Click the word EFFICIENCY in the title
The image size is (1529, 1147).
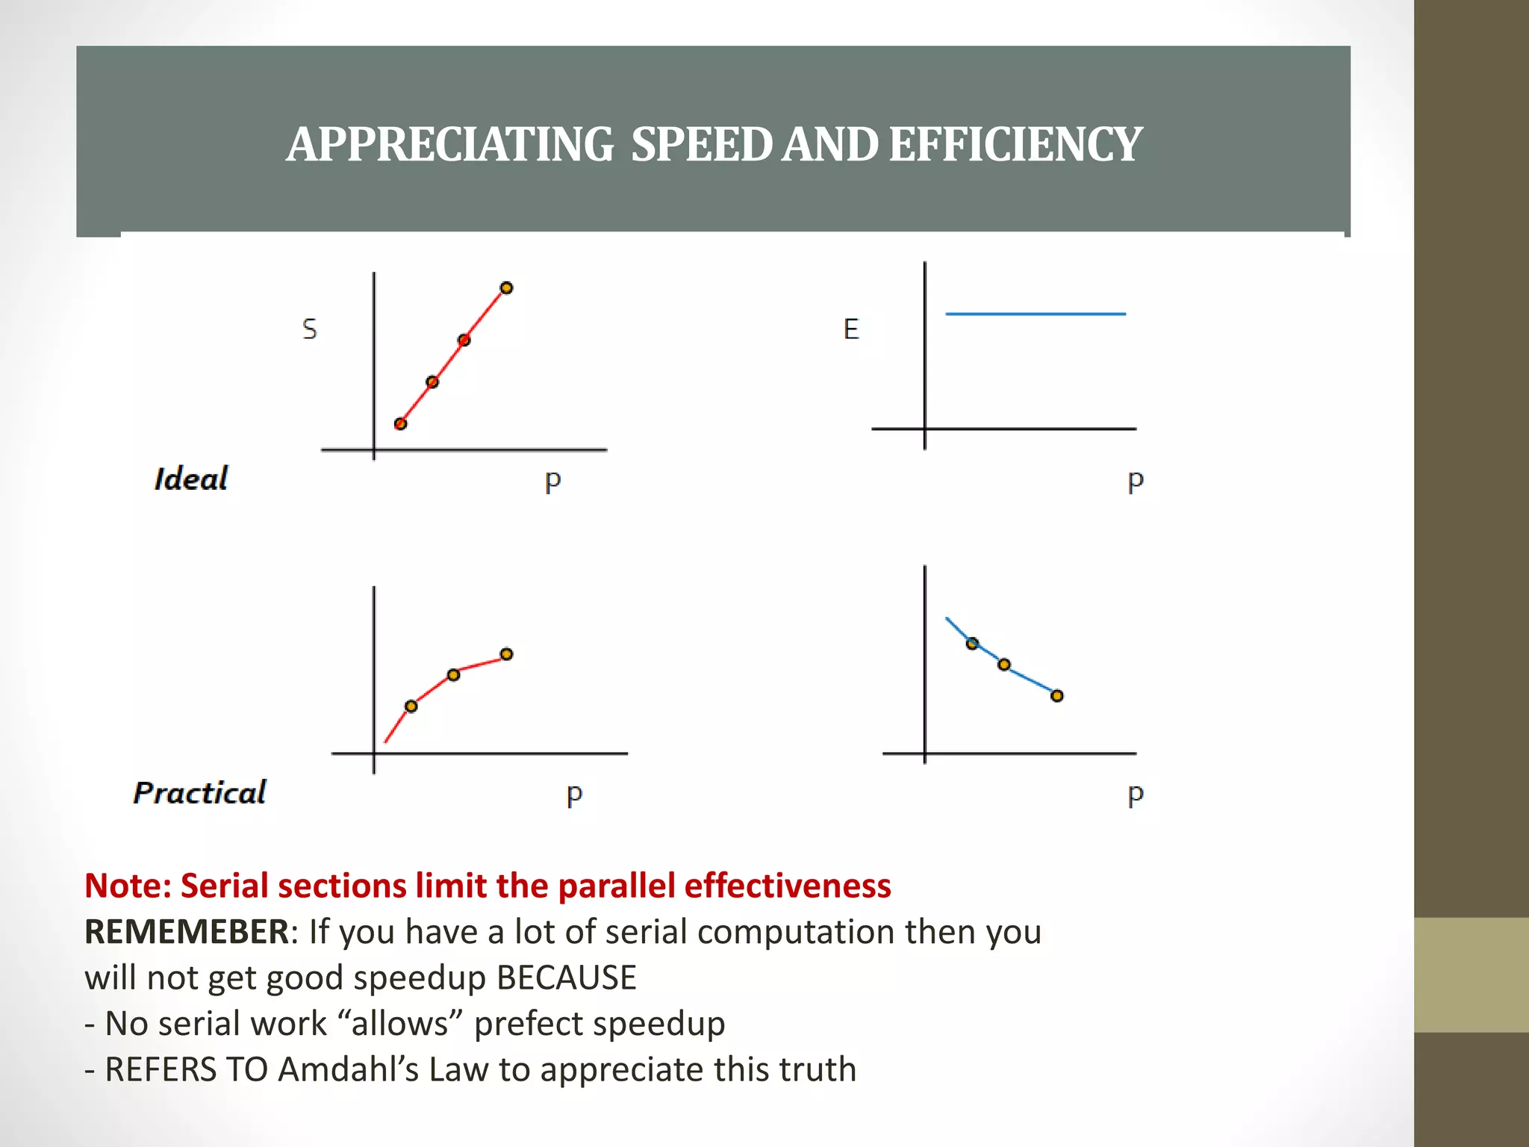pos(1015,144)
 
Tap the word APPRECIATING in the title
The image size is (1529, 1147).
pos(449,144)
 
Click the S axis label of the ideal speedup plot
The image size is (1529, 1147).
pos(309,329)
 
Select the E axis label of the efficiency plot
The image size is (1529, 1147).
pos(851,329)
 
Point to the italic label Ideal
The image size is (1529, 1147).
pos(191,479)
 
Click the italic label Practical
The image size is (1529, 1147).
pos(199,792)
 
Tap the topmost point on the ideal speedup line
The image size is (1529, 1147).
pos(506,287)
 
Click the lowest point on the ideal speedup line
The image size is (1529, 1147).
pos(400,423)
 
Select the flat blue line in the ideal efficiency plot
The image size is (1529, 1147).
pos(1035,314)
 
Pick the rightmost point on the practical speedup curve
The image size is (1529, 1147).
pos(506,654)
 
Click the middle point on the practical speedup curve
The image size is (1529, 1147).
pos(453,675)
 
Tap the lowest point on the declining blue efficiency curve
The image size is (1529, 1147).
pos(1056,696)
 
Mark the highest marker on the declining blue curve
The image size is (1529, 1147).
pos(972,644)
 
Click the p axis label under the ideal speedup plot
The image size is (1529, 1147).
pos(552,481)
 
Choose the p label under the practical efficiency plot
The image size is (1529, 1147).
pos(1135,795)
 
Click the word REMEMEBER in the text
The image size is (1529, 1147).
pos(187,931)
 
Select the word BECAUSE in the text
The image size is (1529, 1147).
pos(566,977)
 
